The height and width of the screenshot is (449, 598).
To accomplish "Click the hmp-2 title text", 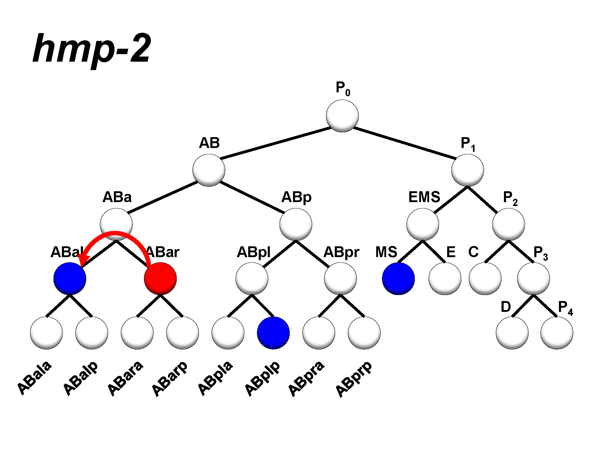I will point(92,50).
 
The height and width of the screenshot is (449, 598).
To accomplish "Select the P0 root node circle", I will point(342,116).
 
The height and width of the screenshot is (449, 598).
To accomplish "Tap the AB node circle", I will point(209,170).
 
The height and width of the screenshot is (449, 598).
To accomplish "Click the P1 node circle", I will point(467,170).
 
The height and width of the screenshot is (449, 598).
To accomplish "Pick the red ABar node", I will point(160,278).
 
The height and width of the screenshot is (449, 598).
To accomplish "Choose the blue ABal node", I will point(70,278).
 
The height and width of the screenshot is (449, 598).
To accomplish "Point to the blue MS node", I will point(398,278).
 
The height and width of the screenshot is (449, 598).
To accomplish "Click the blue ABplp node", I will point(273,333).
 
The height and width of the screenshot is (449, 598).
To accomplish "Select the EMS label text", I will point(424,197).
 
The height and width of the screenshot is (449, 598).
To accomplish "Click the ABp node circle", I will point(296,224).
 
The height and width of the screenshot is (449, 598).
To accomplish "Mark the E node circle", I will point(445,278).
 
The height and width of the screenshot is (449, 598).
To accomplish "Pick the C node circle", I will point(485,278).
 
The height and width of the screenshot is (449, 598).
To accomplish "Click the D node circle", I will point(512,333).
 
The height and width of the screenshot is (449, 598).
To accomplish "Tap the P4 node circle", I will point(557,333).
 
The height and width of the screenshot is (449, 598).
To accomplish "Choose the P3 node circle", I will point(533,278).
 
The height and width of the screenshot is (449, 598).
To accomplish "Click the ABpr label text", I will point(341,252).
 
